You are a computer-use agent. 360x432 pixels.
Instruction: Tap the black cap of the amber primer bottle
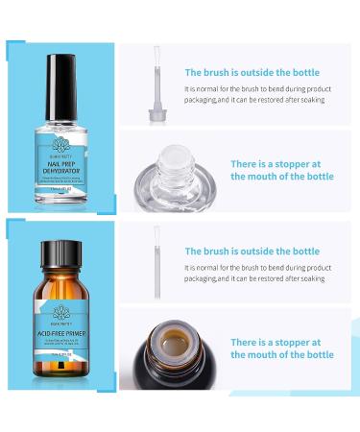(61, 254)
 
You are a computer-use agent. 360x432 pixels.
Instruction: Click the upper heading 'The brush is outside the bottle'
(252, 72)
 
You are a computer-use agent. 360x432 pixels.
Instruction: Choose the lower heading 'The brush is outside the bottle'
(252, 252)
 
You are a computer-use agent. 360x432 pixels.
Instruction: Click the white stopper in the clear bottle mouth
(175, 158)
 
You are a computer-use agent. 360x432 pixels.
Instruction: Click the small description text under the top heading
(255, 93)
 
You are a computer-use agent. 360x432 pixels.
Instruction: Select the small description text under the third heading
(255, 273)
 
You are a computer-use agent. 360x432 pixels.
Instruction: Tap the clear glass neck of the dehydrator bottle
(61, 108)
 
